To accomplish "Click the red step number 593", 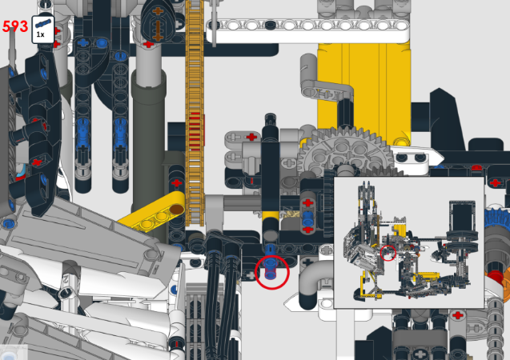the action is tap(15, 26).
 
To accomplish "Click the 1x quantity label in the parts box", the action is tap(40, 34).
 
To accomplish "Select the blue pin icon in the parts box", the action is tap(43, 24).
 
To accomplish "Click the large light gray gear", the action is tap(345, 153).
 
